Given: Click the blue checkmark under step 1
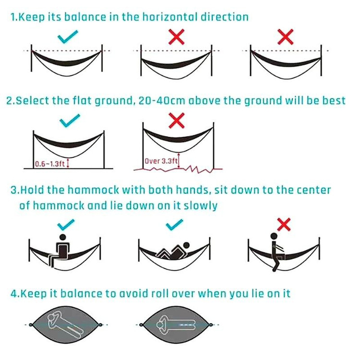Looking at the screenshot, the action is coord(68,37).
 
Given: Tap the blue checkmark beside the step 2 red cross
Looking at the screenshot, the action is coord(70,120).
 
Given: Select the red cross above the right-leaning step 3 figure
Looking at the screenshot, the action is coord(284,224).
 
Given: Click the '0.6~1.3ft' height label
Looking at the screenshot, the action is coord(50,164).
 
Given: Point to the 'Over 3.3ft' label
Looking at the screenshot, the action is coord(161,161).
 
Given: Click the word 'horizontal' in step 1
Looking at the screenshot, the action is coord(170,17).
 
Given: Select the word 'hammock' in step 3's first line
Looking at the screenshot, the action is coord(94,190).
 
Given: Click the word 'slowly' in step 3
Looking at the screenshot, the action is coord(201,206).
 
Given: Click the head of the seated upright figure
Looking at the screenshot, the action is coord(62,238).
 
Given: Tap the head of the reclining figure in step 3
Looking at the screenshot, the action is coord(186,245).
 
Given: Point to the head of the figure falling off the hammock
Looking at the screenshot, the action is coord(274,237).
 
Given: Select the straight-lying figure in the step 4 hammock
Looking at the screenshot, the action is coord(176,324).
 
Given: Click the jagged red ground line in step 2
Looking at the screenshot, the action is coord(178,169).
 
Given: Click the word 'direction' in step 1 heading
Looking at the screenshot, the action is coord(225,17).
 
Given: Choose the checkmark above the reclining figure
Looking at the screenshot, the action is coord(175,225).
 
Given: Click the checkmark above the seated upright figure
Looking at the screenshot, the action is coord(66,225).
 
